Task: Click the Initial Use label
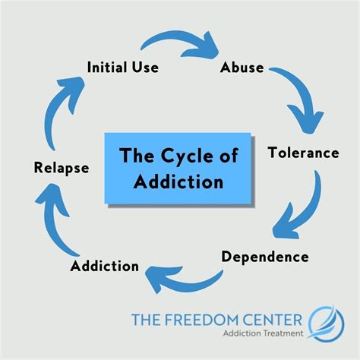[x=122, y=68]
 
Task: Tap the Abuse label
[x=242, y=68]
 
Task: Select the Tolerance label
[x=303, y=153]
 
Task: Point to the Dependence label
[x=265, y=256]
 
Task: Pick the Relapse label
[x=62, y=167]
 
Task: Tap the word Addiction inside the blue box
[x=181, y=182]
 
